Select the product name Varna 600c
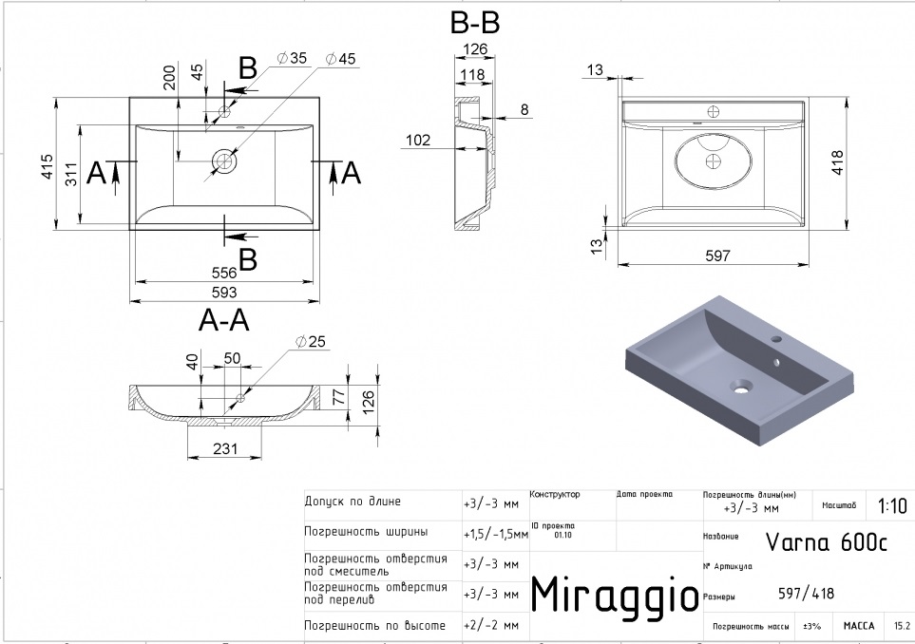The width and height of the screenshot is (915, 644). tap(826, 542)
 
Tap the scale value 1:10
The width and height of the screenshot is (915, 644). tap(892, 506)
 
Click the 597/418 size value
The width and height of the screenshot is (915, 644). tap(807, 594)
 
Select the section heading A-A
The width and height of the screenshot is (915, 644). tap(224, 322)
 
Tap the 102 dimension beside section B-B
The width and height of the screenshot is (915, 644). tap(417, 141)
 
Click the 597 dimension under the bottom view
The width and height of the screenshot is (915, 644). tap(717, 255)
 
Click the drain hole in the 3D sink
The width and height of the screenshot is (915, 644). tap(739, 386)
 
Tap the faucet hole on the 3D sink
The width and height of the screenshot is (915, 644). tap(776, 338)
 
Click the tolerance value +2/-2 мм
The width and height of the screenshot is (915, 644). tap(490, 625)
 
